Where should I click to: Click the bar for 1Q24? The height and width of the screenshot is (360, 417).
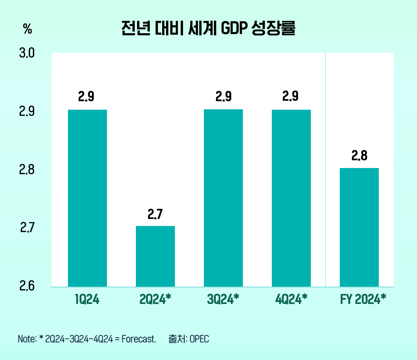point(87,198)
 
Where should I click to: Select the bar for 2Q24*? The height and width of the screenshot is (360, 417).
point(155,256)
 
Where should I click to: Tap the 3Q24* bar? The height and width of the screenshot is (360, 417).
point(223,198)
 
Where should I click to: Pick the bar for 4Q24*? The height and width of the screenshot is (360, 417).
point(291,198)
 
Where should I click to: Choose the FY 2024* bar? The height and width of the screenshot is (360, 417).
point(359,227)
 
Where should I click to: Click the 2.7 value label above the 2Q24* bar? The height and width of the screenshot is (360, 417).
point(155,214)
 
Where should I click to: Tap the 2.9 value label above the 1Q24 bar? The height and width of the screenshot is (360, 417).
point(86,97)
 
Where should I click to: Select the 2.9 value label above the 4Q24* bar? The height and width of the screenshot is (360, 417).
point(290,97)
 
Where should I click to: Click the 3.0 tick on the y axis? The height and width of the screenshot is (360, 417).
point(27,53)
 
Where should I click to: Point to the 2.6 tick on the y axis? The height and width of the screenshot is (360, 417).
point(27,287)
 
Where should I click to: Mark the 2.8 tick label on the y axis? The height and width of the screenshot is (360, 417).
point(27,170)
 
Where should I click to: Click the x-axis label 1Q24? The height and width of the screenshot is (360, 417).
point(87,299)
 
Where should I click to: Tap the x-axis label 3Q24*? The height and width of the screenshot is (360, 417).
point(223,299)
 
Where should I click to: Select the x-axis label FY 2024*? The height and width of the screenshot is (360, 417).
point(363,299)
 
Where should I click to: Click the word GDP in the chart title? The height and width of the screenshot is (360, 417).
point(234,29)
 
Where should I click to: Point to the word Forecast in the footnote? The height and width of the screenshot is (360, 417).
point(138,339)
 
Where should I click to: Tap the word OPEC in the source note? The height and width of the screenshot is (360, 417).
point(199,339)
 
